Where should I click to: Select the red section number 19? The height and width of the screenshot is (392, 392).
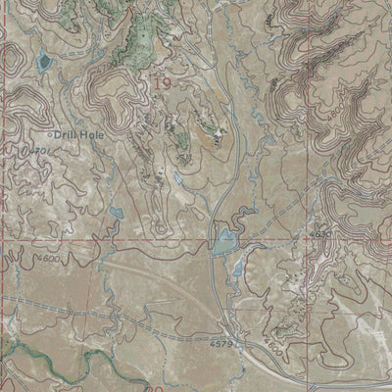point(162,86)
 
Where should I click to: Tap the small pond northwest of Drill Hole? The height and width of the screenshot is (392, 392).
point(41,64)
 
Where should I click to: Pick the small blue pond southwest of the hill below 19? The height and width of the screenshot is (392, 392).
point(116,212)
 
